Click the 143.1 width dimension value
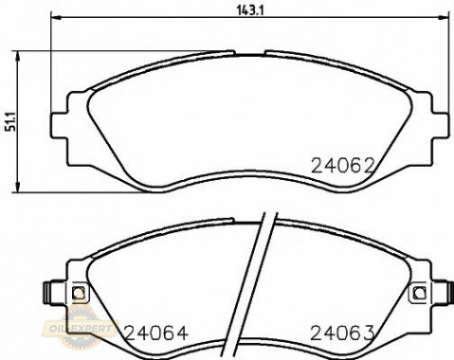pyautogui.click(x=250, y=10)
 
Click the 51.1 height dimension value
pyautogui.click(x=10, y=121)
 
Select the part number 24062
pyautogui.click(x=343, y=166)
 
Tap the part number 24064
pyautogui.click(x=156, y=333)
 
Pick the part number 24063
pyautogui.click(x=342, y=333)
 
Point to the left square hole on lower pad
pyautogui.click(x=79, y=293)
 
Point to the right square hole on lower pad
pyautogui.click(x=420, y=293)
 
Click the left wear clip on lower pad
pyautogui.click(x=49, y=293)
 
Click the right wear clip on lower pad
pyautogui.click(x=449, y=293)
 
